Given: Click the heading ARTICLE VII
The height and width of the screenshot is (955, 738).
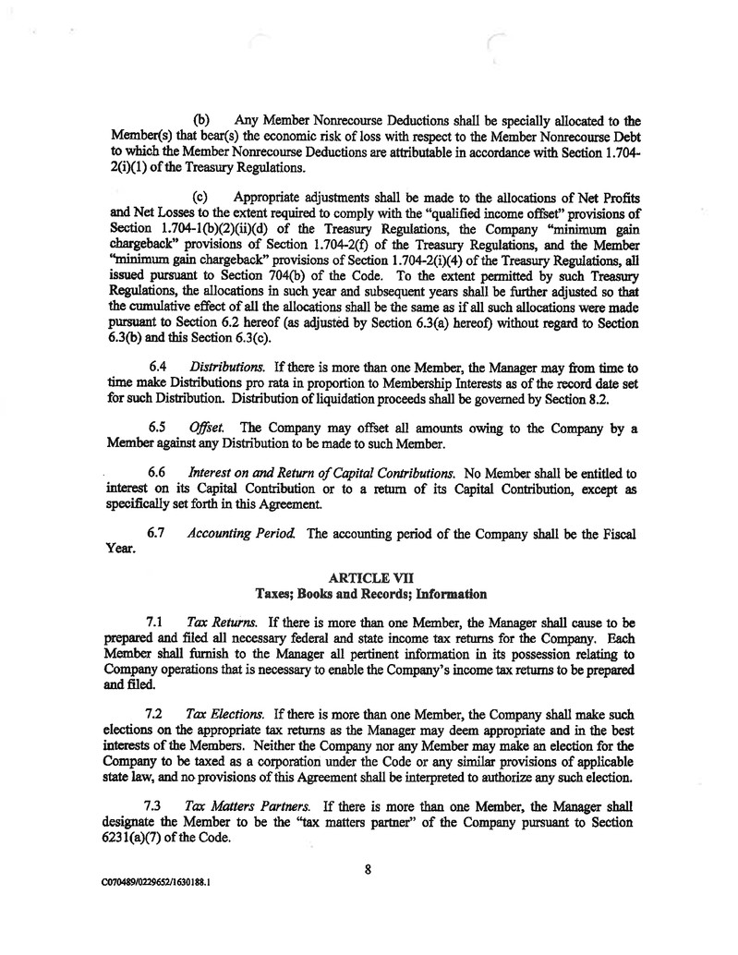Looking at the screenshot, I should click(369, 577).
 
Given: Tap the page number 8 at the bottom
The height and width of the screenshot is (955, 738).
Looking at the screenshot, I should click(368, 867).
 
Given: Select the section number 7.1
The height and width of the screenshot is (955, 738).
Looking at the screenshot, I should click(156, 624).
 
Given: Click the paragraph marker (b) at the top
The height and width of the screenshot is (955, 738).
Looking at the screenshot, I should click(203, 119).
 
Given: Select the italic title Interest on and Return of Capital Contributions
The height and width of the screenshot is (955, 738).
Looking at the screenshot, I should click(332, 474).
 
